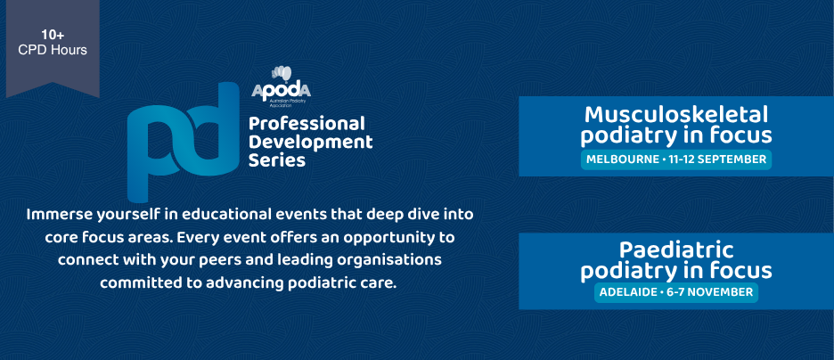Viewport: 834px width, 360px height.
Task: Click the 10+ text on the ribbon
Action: tap(53, 36)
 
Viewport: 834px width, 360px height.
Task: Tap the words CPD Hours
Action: tap(53, 50)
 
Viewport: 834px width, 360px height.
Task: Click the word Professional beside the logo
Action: tap(307, 125)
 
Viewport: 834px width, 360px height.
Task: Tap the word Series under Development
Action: tap(276, 160)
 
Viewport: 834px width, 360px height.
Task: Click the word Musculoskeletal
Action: tap(676, 114)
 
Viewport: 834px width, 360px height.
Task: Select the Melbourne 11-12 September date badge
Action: tap(676, 159)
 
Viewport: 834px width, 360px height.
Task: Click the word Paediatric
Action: tap(676, 250)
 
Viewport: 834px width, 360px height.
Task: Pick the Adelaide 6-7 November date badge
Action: tap(676, 292)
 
